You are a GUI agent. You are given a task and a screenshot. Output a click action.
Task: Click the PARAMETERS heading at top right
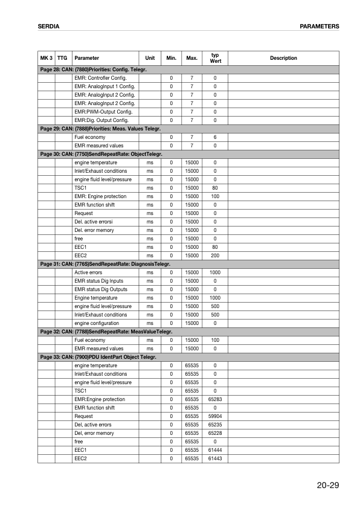pos(319,27)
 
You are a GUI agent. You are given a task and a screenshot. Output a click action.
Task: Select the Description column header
pos(283,58)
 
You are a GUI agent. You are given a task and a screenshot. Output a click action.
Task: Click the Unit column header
pos(150,58)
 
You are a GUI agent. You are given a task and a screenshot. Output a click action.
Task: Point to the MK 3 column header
pos(46,58)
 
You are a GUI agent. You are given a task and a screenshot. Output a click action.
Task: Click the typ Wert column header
pos(215,58)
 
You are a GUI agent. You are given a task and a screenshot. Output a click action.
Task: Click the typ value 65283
pos(215,399)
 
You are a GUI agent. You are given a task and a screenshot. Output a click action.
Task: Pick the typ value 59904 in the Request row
pos(215,416)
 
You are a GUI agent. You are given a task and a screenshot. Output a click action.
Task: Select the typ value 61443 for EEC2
pos(215,458)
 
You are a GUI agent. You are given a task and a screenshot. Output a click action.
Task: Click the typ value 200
pos(215,256)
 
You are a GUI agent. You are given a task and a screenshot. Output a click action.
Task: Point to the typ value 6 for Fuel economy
pos(215,137)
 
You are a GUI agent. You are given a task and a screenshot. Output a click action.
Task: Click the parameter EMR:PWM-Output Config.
pos(103,112)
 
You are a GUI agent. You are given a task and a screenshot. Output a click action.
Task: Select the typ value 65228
pos(215,433)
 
